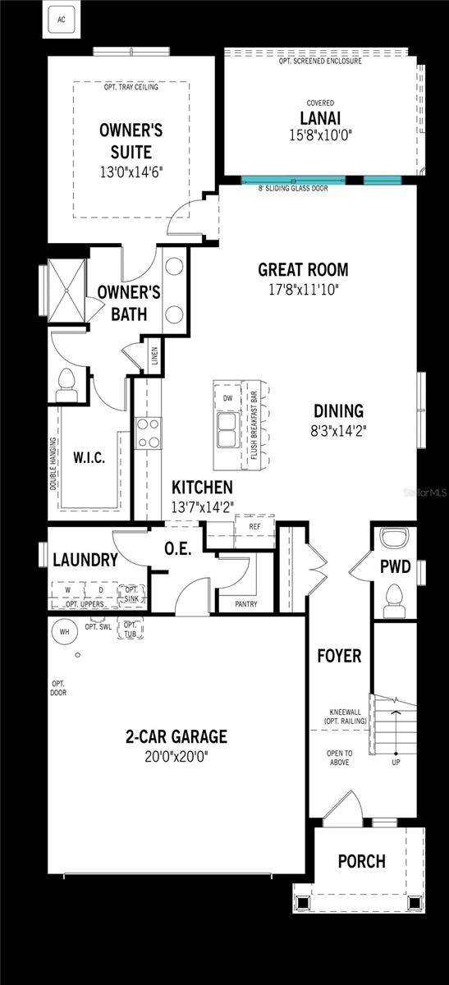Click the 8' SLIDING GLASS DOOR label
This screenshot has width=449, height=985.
pyautogui.click(x=293, y=189)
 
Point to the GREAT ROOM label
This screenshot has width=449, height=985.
pyautogui.click(x=303, y=270)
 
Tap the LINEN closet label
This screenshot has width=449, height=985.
pyautogui.click(x=154, y=357)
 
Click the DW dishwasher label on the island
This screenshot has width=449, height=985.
pyautogui.click(x=228, y=398)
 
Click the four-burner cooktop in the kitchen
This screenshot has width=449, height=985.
pyautogui.click(x=149, y=433)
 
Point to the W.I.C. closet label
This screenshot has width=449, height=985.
pyautogui.click(x=89, y=458)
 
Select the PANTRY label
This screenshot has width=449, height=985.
pyautogui.click(x=245, y=604)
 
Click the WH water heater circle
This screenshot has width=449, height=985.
pyautogui.click(x=64, y=632)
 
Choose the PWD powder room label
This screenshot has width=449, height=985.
pyautogui.click(x=395, y=566)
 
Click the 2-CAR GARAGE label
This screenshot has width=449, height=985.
pyautogui.click(x=176, y=736)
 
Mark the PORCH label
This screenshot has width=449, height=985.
pyautogui.click(x=362, y=861)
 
